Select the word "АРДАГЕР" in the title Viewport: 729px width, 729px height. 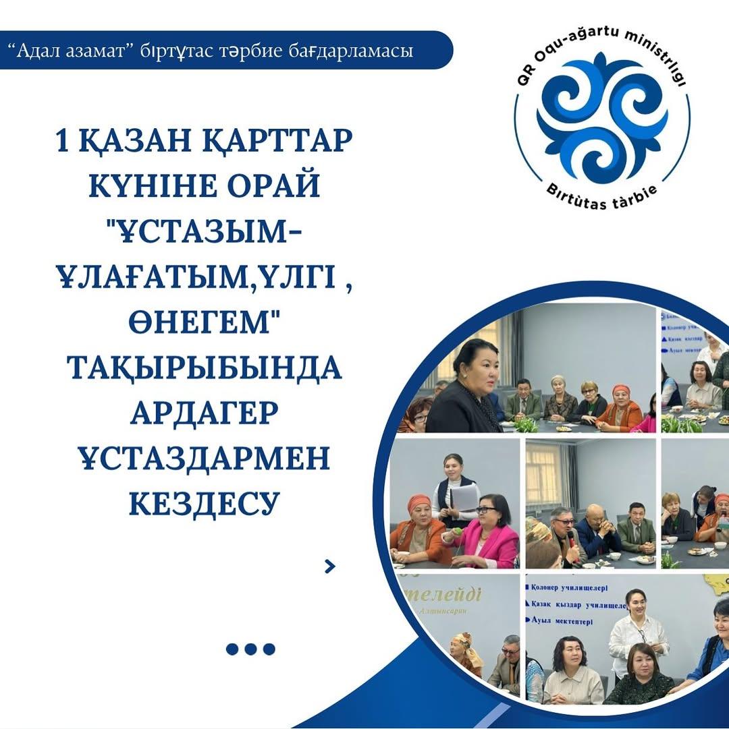(204, 412)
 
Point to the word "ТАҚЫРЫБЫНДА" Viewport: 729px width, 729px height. (204, 368)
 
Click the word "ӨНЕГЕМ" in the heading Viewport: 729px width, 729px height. (204, 322)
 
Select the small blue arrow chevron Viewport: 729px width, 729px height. (329, 566)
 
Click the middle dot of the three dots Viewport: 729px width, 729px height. (250, 649)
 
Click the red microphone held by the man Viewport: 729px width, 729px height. (570, 538)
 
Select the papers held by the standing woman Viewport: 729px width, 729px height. (464, 498)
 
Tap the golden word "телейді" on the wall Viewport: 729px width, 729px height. (446, 595)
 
